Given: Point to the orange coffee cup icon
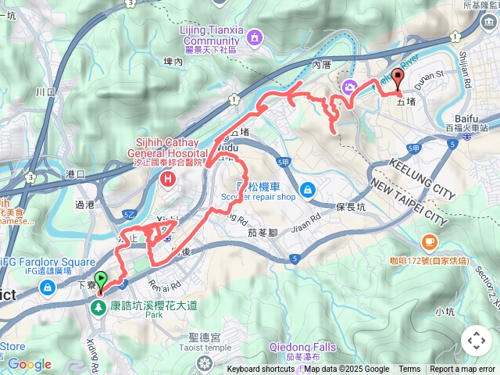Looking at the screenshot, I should click(429, 241).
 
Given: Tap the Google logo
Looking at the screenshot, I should click(29, 364).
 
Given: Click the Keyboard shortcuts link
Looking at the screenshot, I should click(261, 370).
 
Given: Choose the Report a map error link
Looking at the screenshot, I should click(462, 370).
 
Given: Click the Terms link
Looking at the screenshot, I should click(409, 370).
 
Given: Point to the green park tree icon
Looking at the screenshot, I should click(98, 308).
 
